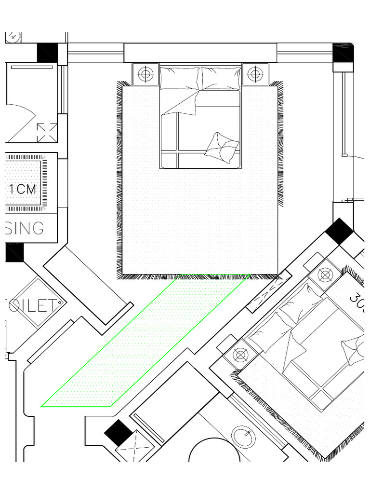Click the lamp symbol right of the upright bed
255,74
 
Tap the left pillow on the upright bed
179,78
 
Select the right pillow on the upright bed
220,78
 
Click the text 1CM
23,189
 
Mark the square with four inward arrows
47,133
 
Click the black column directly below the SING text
14,252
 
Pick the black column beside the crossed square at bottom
117,432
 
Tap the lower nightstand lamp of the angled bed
239,355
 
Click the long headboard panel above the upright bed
200,53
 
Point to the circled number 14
13,36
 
